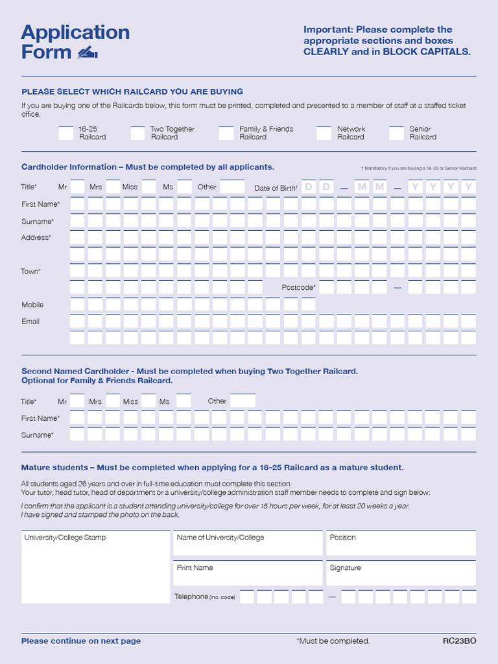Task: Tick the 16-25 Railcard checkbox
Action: (66, 134)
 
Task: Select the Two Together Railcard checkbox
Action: (137, 134)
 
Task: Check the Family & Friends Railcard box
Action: (226, 134)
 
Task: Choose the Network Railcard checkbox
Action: (324, 134)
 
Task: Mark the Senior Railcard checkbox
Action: (397, 134)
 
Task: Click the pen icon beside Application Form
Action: (87, 53)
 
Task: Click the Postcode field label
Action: (298, 287)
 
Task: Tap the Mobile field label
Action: (32, 305)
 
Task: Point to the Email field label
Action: (30, 322)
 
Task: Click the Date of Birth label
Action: (276, 188)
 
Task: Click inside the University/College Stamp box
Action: (95, 571)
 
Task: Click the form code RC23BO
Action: (459, 641)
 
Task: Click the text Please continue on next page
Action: (81, 641)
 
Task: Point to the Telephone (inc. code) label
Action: (204, 597)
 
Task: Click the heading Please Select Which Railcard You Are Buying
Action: (132, 91)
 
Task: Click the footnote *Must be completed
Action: (333, 641)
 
